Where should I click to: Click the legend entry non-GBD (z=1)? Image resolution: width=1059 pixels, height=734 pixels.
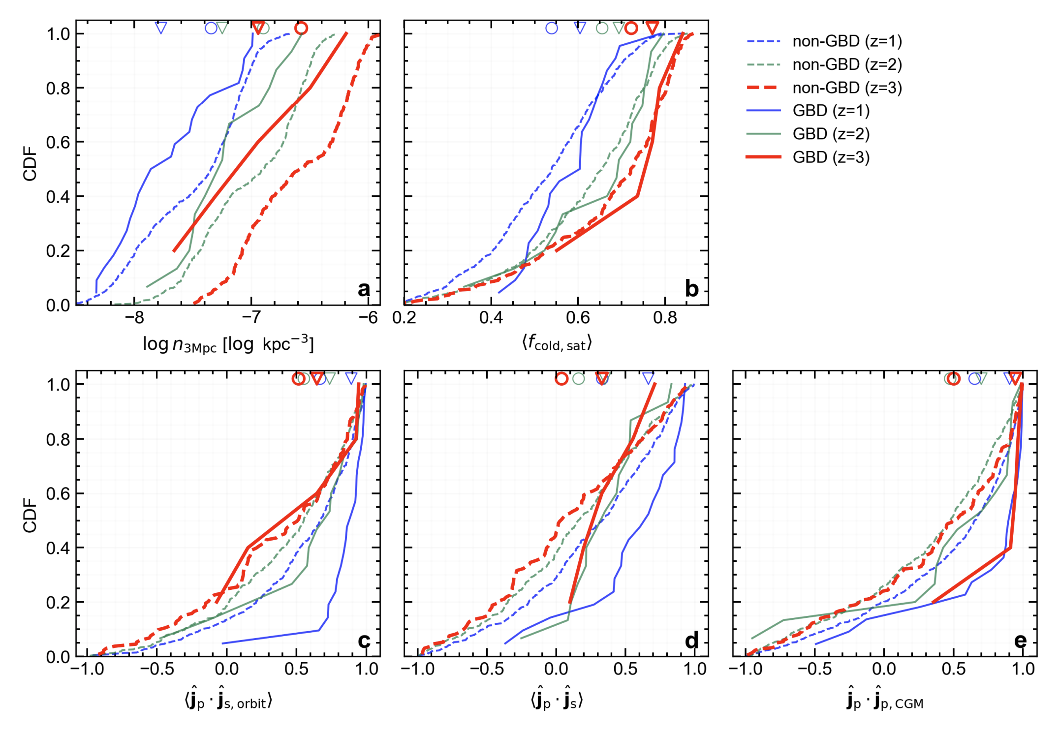[846, 41]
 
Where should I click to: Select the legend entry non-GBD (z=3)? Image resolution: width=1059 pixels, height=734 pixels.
[846, 88]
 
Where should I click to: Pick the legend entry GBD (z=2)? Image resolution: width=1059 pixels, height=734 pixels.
[831, 134]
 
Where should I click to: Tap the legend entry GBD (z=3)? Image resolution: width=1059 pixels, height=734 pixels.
[831, 157]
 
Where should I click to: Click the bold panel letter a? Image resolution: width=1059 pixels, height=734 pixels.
[364, 289]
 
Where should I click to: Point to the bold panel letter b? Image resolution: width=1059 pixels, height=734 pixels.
[691, 289]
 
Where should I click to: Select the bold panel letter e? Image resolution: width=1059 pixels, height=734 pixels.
[1020, 641]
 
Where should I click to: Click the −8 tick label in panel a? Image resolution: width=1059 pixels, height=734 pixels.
[134, 318]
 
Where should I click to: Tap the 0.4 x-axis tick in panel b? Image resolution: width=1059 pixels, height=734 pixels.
[491, 318]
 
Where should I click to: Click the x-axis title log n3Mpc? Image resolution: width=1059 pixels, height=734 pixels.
[228, 344]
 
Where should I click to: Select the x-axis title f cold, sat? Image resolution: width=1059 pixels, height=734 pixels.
[557, 343]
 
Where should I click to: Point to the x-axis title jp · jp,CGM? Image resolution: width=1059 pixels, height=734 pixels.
[885, 701]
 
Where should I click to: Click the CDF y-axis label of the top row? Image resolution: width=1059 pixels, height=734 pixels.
[30, 163]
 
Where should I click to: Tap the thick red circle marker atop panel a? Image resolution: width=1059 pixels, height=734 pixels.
[301, 28]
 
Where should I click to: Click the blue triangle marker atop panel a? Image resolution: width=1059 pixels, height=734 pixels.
[161, 28]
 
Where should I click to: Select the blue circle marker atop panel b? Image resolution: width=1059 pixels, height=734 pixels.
[552, 28]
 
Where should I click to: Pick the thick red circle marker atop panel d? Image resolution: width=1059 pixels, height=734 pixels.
[561, 378]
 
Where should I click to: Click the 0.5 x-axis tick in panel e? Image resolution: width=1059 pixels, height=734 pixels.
[953, 669]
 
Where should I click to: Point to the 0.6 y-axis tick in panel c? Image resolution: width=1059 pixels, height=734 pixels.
[58, 493]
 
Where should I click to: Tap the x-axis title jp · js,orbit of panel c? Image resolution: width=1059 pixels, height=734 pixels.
[228, 701]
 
